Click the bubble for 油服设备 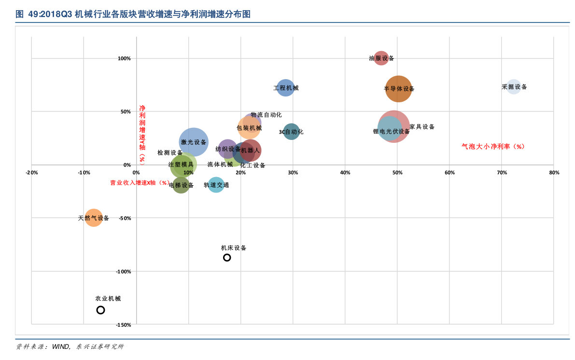click(381, 58)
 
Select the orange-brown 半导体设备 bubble click(399, 89)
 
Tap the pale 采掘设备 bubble click(513, 87)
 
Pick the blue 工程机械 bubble click(285, 88)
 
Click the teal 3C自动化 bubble click(291, 132)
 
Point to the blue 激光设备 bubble click(194, 142)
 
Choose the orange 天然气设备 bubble click(94, 218)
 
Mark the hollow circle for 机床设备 click(227, 258)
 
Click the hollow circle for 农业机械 click(100, 310)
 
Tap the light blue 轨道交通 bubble click(216, 185)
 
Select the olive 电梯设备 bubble click(181, 185)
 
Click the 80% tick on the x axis click(554, 173)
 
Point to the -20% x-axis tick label click(32, 173)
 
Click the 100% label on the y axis click(124, 59)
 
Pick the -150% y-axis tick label click(123, 325)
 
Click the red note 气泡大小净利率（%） click(493, 147)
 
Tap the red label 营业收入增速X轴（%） click(140, 183)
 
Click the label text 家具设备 click(422, 127)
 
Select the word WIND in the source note click(61, 346)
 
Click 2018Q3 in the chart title click(50, 14)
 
